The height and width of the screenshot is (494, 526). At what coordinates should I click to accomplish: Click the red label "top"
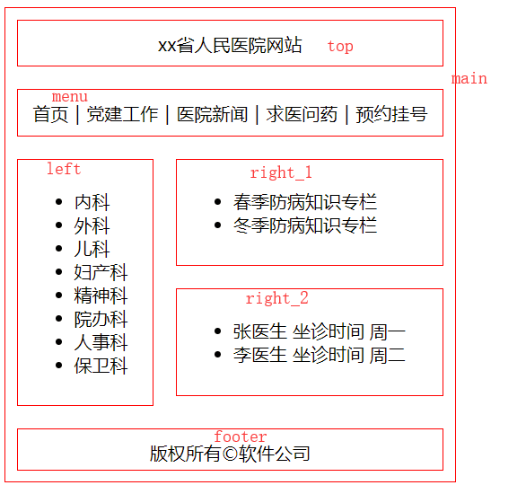pos(340,47)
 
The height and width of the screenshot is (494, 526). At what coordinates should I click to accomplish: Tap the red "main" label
pos(469,79)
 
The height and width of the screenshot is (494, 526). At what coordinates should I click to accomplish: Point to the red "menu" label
pos(70,97)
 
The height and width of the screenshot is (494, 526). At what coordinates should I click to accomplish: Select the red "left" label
pos(64,169)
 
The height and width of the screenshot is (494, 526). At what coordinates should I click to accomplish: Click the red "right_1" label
pos(281,172)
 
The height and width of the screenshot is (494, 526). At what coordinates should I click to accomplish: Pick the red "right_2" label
pos(277,298)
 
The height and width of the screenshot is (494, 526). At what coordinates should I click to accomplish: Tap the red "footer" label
pos(241,437)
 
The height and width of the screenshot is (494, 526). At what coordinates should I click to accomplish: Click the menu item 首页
pos(50,114)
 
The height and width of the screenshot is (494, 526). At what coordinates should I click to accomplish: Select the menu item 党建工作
pos(122,114)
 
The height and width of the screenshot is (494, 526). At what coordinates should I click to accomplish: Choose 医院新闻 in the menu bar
pos(213,114)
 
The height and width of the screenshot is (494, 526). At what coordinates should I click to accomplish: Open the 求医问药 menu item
pos(302,114)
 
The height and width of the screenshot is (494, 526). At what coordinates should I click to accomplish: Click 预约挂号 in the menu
pos(391,114)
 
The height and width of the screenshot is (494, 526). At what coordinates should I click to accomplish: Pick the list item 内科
pos(92,202)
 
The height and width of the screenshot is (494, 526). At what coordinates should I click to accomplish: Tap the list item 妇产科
pos(101,272)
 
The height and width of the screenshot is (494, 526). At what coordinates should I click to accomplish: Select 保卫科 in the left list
pos(101,366)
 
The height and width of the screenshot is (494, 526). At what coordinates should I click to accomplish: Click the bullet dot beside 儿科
pos(59,248)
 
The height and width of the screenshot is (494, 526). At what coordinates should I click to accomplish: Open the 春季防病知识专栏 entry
pos(305,202)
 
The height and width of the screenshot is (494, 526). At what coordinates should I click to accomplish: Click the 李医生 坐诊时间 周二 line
pos(320,355)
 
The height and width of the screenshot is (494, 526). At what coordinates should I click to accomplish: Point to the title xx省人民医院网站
pos(230,45)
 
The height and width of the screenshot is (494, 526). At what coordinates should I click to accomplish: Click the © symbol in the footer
pos(230,454)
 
